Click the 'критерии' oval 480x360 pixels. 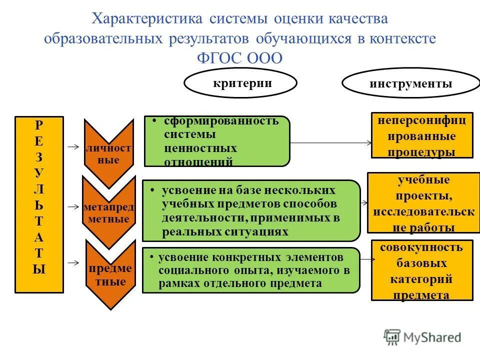pos(240,83)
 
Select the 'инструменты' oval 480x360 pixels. pos(410,83)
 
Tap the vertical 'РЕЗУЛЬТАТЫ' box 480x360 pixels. pos(39,204)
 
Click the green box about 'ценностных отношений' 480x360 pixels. pos(216,141)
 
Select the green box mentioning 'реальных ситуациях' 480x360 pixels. pos(251,211)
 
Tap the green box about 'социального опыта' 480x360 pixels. pos(251,270)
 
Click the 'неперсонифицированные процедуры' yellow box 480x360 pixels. pos(421,135)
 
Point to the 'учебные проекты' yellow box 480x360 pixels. pos(423,202)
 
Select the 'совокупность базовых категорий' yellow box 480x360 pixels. pos(421,270)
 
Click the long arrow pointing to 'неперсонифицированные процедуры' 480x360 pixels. pos(330,142)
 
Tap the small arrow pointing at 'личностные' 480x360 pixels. pos(73,147)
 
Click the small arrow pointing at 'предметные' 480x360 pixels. pos(73,262)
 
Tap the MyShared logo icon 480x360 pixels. pos(392,336)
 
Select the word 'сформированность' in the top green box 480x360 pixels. pos(221,121)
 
